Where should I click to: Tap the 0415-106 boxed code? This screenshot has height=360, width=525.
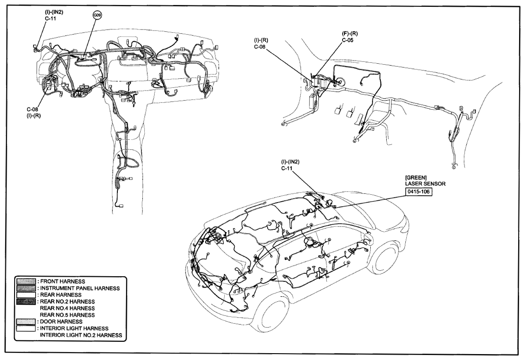coord(418,192)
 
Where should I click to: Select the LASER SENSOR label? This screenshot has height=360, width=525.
coord(425,183)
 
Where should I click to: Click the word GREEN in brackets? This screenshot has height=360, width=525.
coord(416,177)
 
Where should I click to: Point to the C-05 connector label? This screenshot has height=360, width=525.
coord(348,40)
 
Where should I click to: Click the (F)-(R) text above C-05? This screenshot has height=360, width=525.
coord(349,34)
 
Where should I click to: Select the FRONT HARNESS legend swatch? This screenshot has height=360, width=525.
coord(26,282)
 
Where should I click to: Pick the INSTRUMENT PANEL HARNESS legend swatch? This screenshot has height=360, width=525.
coord(26,289)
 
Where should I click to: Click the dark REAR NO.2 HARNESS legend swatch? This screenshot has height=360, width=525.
coord(26,302)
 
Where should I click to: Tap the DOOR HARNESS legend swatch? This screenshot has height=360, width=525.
coord(26,322)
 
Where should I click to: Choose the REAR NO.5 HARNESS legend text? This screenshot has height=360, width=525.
coord(67,315)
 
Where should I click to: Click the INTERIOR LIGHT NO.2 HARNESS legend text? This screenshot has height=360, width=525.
coord(81,335)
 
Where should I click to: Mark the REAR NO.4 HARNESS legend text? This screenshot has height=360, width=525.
coord(67,309)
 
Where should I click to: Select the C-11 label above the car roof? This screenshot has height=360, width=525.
coord(287,168)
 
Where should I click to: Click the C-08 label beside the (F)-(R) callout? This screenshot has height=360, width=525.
coord(260,47)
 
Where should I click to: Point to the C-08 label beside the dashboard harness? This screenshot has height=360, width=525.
coord(32,109)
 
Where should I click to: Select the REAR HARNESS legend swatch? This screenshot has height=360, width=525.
coord(26,295)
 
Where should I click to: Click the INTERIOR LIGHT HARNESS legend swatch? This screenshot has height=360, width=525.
coord(26,329)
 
